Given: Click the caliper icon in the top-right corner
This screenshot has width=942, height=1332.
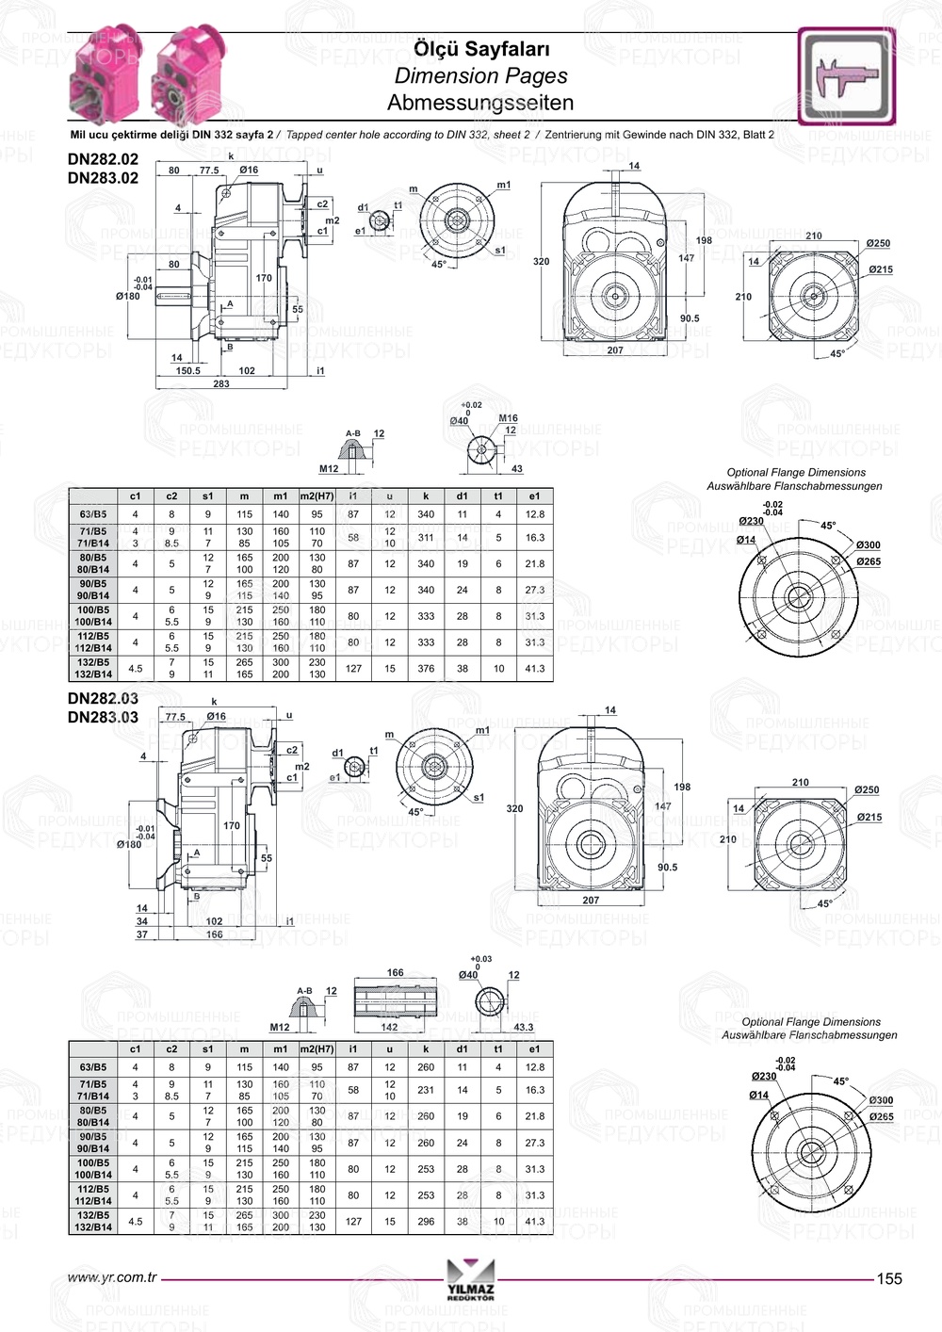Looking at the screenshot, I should (846, 77).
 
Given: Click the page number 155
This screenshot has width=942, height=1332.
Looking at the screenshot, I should (889, 1278).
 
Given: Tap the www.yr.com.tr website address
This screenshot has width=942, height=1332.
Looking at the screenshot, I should (111, 1277).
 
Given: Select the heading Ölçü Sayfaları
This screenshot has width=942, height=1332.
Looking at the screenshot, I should (481, 49).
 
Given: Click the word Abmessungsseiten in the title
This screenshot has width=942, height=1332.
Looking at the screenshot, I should (480, 103).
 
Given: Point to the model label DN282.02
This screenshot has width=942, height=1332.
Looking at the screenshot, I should (103, 159).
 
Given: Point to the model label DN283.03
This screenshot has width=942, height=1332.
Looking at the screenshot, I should (103, 717).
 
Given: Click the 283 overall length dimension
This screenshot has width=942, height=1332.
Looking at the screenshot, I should (221, 383).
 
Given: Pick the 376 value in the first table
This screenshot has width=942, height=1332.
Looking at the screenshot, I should (426, 668).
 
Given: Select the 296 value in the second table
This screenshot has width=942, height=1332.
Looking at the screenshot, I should (426, 1221).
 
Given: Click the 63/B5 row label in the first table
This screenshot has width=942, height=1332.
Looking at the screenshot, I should (93, 514).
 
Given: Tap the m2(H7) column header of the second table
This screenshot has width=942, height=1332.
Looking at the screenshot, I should (317, 1048).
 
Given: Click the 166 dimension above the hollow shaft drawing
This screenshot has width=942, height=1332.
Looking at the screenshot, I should (395, 973).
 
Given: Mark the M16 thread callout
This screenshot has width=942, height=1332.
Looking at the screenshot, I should (508, 418).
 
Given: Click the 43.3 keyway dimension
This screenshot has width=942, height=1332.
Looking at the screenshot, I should (524, 1028).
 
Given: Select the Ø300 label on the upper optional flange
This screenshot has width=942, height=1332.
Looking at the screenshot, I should (869, 545).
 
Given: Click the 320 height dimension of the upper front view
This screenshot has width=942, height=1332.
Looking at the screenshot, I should (541, 262).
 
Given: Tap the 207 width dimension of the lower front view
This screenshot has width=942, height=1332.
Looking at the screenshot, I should (591, 901).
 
